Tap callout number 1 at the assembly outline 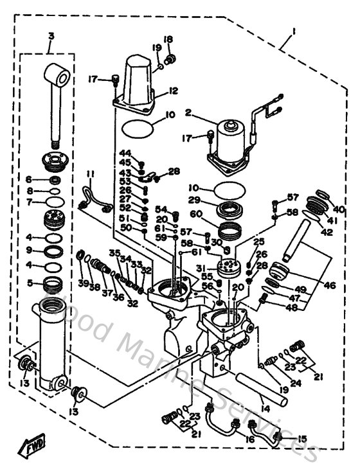(293, 31)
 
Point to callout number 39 (83, 283)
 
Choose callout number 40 (339, 209)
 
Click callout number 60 (193, 214)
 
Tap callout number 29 (193, 201)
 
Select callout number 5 (29, 281)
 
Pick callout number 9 (29, 250)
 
